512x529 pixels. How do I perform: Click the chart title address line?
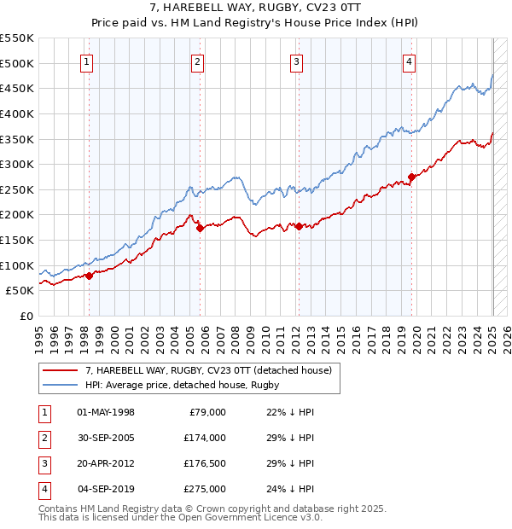pos(255,9)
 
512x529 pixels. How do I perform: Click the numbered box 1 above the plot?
pos(88,61)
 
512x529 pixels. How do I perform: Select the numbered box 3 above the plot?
pos(296,61)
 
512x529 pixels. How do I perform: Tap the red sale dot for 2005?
pos(200,228)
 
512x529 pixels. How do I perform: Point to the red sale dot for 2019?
pos(411,177)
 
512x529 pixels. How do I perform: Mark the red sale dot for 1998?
pos(89,276)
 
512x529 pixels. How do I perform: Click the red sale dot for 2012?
pos(299,226)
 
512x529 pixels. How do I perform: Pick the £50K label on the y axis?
pos(20,290)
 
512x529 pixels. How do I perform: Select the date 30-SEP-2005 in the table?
pos(106,438)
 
